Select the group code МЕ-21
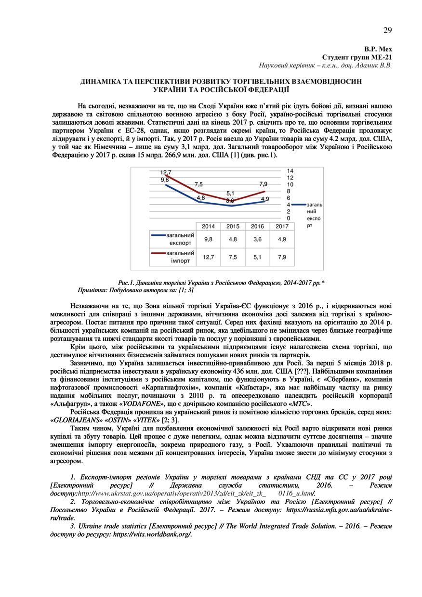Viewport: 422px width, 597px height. [x=383, y=57]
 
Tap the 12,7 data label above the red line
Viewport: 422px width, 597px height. [x=166, y=172]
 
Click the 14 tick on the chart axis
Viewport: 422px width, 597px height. [x=290, y=171]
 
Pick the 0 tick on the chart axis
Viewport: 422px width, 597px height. [x=289, y=218]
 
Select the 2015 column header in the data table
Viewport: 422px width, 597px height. [x=233, y=226]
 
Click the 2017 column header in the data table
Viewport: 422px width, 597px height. [x=282, y=226]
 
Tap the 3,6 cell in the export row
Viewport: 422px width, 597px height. [x=257, y=239]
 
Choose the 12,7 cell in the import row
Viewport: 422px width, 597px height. [x=208, y=257]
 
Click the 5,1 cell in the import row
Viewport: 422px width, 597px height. [x=257, y=257]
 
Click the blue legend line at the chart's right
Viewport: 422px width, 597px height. [x=298, y=205]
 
